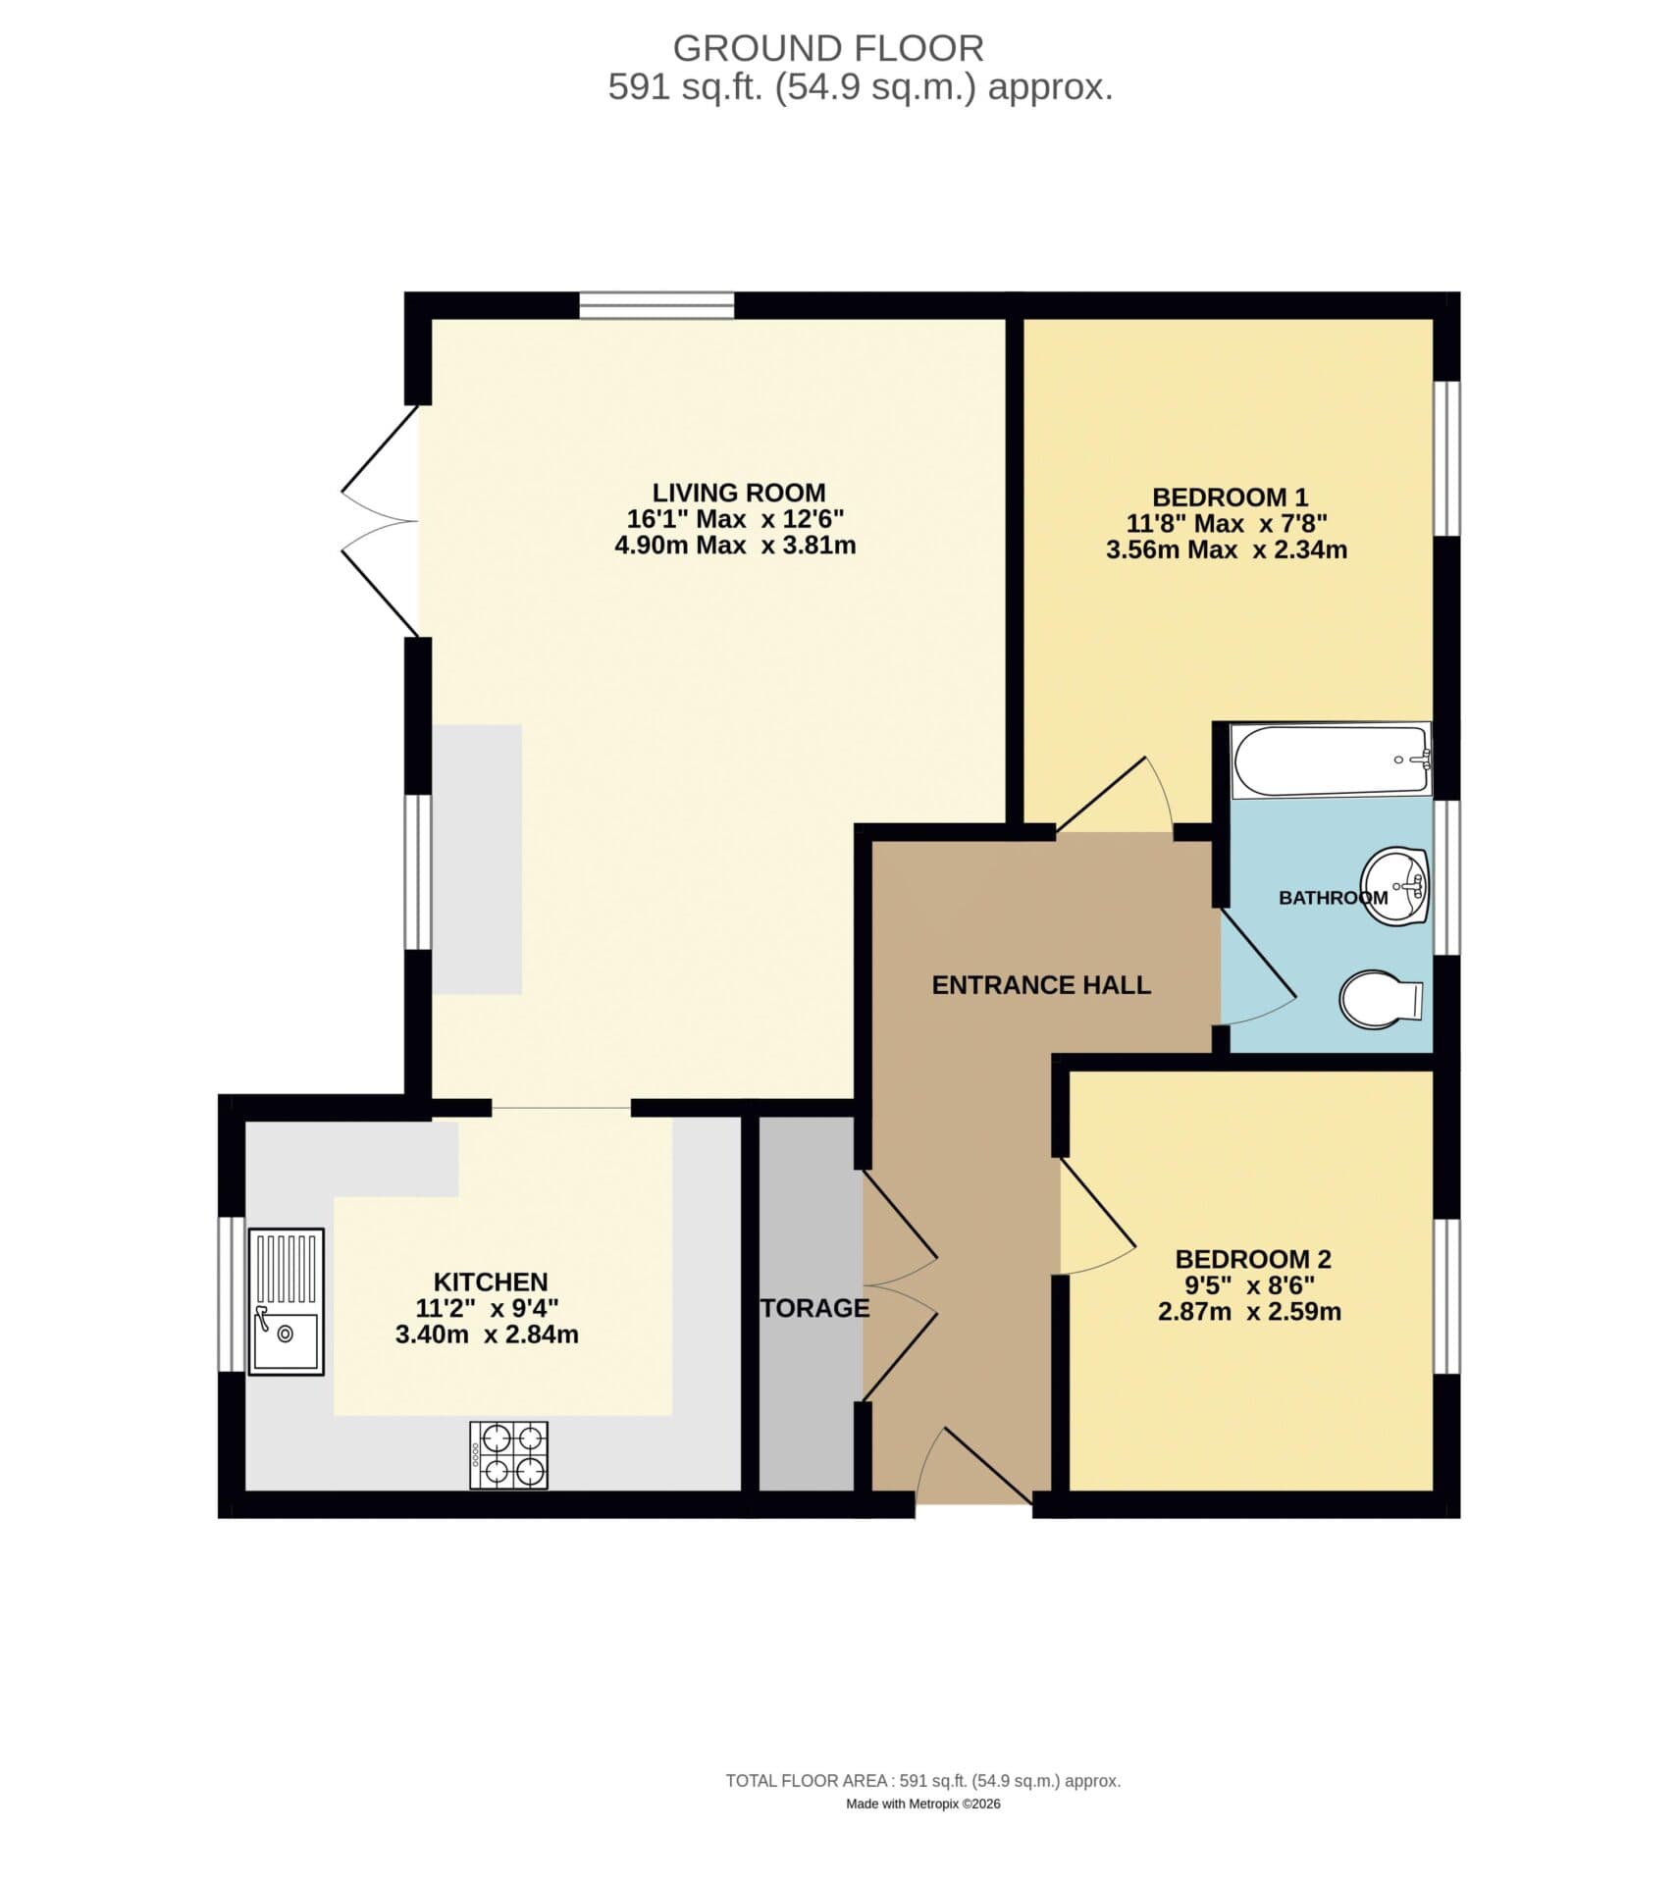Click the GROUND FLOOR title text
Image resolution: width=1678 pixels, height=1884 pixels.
pyautogui.click(x=827, y=48)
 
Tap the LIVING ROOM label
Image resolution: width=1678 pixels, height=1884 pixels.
pyautogui.click(x=738, y=493)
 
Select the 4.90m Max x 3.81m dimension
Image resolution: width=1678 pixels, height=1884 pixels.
pyautogui.click(x=735, y=546)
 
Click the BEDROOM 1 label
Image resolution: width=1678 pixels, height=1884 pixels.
pyautogui.click(x=1229, y=497)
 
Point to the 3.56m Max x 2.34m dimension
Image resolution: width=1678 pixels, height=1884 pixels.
pyautogui.click(x=1226, y=549)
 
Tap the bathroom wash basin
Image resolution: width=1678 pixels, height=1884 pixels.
pyautogui.click(x=1396, y=885)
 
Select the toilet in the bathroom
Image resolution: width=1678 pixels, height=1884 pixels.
pyautogui.click(x=1378, y=1000)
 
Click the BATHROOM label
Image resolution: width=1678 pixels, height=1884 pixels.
pyautogui.click(x=1332, y=897)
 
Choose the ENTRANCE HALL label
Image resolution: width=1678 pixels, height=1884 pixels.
pyautogui.click(x=1040, y=985)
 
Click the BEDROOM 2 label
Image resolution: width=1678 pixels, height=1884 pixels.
pyautogui.click(x=1252, y=1259)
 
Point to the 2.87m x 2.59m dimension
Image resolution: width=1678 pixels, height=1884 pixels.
pyautogui.click(x=1248, y=1312)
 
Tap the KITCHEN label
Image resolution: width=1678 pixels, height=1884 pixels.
pyautogui.click(x=490, y=1282)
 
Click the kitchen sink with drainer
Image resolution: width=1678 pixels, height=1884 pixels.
pyautogui.click(x=286, y=1302)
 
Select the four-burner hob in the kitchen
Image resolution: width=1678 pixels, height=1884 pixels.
pyautogui.click(x=508, y=1455)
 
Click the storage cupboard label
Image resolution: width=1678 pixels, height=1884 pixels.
pyautogui.click(x=814, y=1308)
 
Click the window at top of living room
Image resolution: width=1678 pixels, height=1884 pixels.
pyautogui.click(x=655, y=305)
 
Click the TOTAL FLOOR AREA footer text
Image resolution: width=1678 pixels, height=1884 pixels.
pyautogui.click(x=922, y=1808)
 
